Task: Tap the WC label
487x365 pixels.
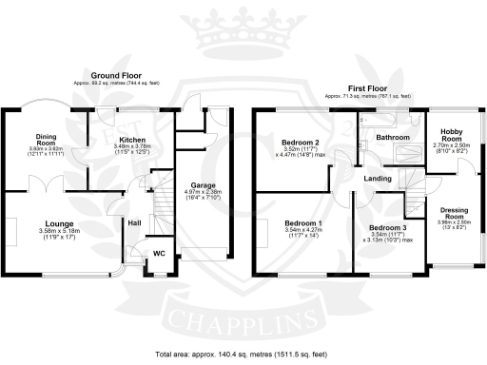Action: click(x=159, y=253)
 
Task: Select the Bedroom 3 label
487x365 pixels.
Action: click(x=388, y=228)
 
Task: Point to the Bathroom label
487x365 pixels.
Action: click(x=392, y=137)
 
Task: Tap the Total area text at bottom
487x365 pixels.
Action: click(x=243, y=354)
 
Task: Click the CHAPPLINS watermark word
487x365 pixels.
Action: click(x=243, y=318)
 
